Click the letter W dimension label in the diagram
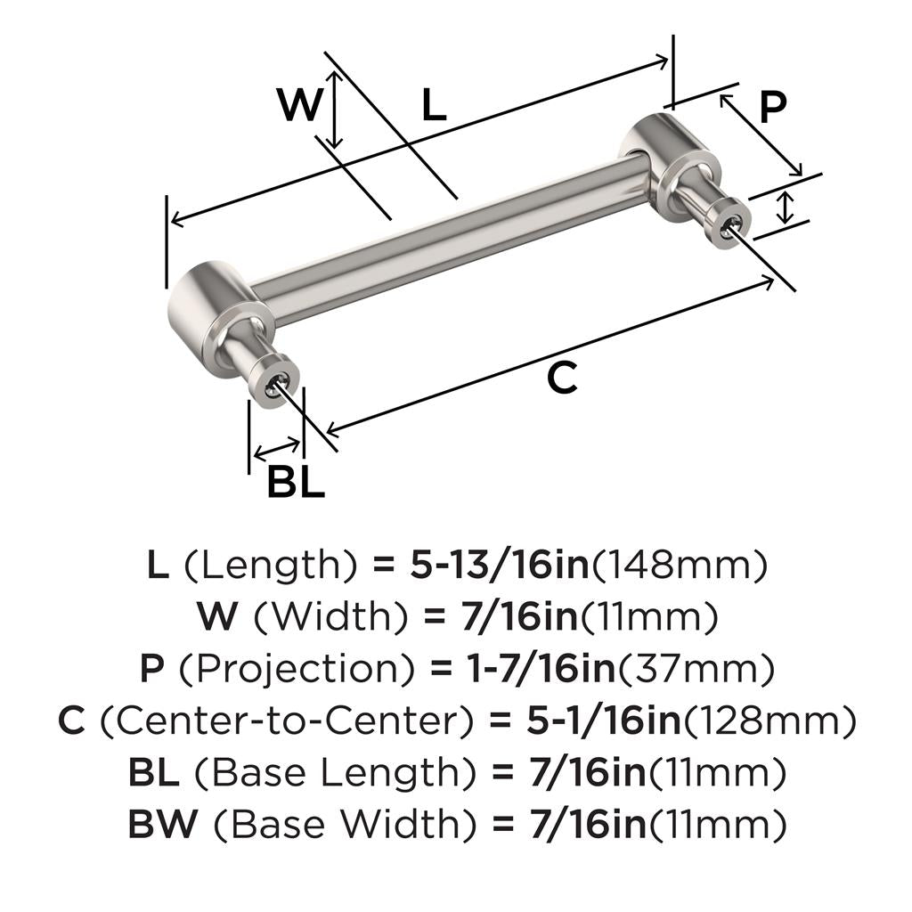(300, 104)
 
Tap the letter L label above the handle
(434, 105)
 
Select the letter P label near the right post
(773, 107)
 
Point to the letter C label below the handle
(563, 378)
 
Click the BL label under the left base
(296, 481)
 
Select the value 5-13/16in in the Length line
(500, 565)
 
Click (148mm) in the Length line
(680, 566)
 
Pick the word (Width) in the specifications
(331, 617)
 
